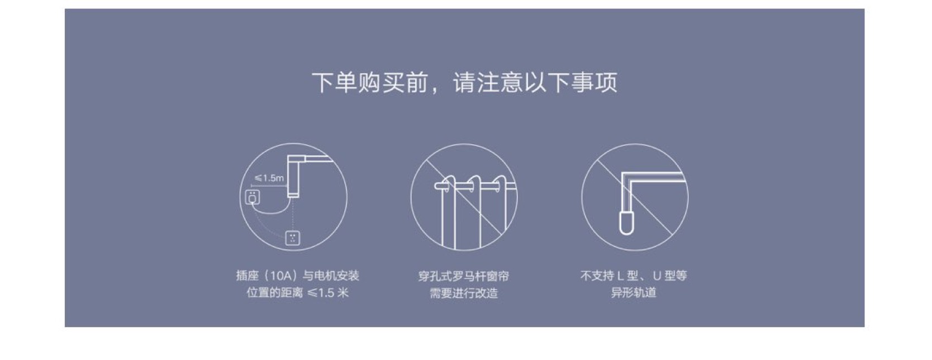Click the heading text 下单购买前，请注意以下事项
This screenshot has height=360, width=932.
[x=465, y=82]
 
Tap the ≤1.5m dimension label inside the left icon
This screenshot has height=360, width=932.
[x=269, y=178]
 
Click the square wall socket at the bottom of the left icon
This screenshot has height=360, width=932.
[x=292, y=238]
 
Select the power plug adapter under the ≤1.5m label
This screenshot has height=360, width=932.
[x=252, y=197]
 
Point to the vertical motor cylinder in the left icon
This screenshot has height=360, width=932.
[x=293, y=176]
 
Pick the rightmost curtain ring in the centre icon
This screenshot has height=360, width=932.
[x=500, y=184]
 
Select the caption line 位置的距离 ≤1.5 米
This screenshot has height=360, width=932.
[x=297, y=292]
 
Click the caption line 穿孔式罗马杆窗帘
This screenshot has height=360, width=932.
[x=464, y=276]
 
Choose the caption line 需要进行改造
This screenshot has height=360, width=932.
[x=464, y=293]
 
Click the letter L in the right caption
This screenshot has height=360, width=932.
[x=620, y=276]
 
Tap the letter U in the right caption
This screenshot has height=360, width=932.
[x=657, y=276]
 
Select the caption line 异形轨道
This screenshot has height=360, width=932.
[x=634, y=292]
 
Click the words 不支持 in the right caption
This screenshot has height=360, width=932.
[x=597, y=276]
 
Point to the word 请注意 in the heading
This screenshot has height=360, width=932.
[x=488, y=82]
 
